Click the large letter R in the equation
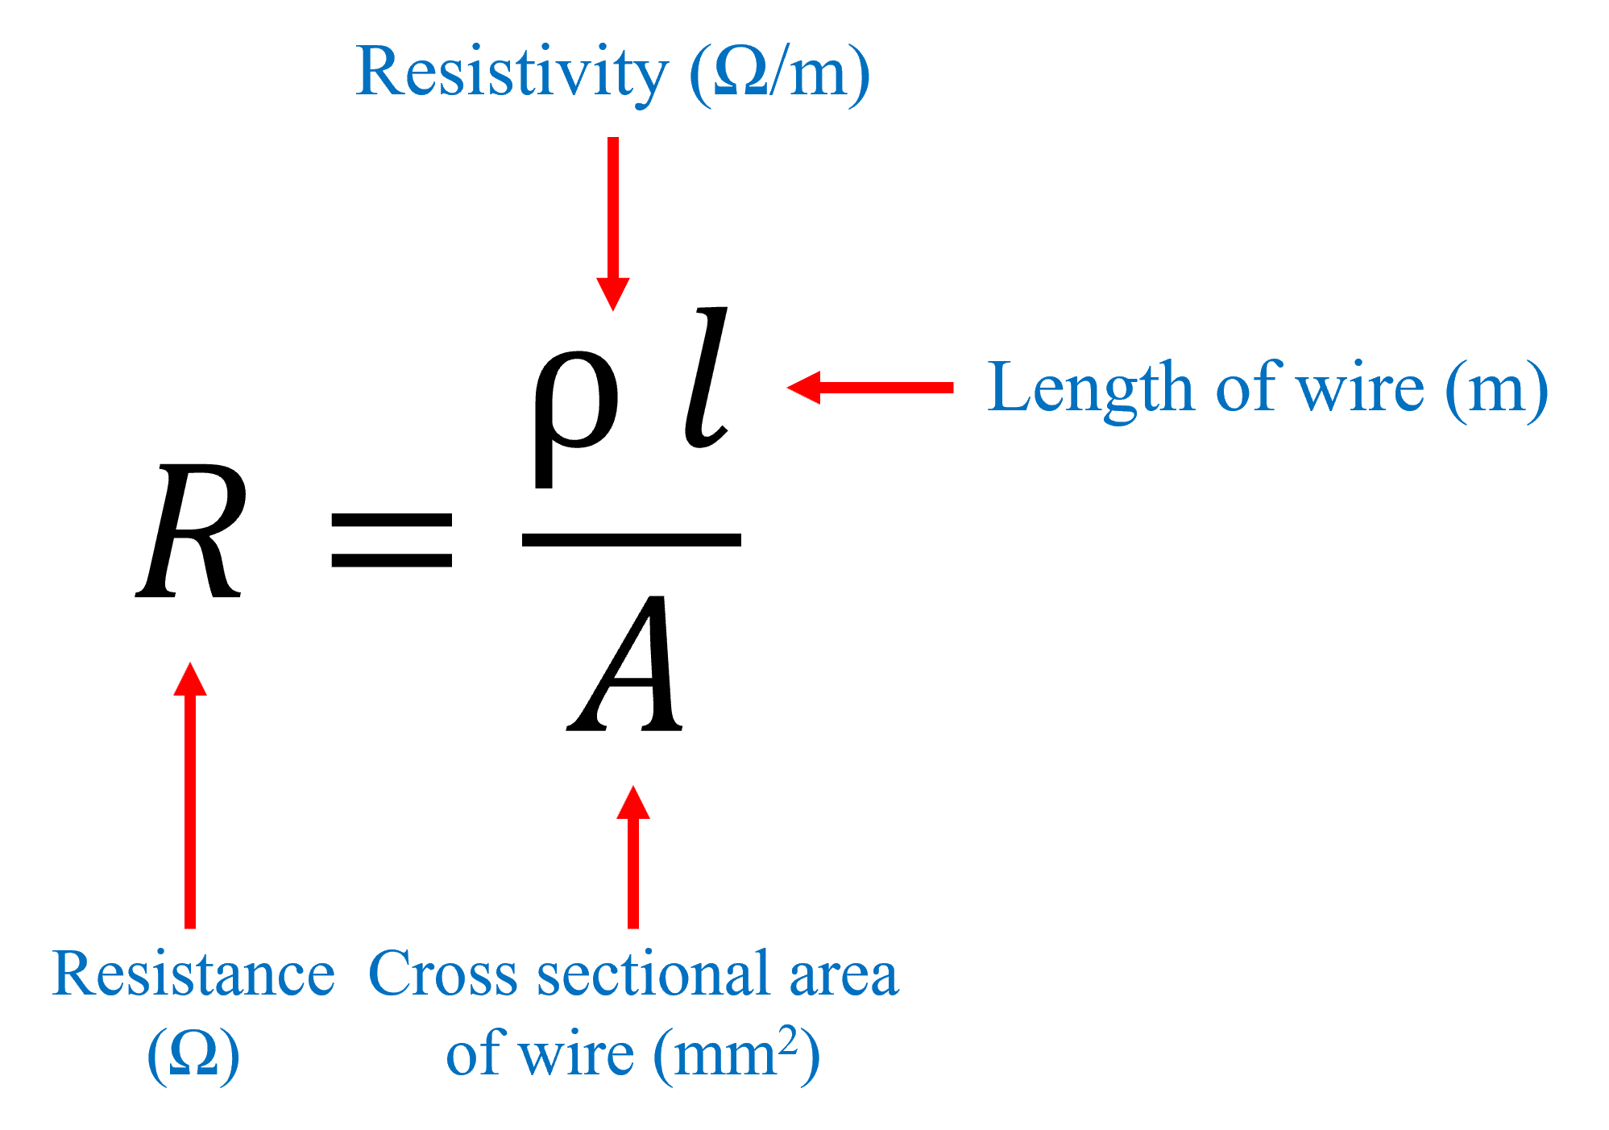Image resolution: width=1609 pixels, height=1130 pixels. [x=191, y=532]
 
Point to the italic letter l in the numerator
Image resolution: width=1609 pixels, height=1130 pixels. [x=705, y=377]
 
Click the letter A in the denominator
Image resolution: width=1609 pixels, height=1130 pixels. [x=626, y=665]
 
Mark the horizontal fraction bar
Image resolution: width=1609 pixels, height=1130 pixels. [x=631, y=540]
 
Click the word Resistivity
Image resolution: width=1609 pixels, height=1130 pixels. [x=511, y=73]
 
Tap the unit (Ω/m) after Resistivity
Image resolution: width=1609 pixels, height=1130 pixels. [x=779, y=74]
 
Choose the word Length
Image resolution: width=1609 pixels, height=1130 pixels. [x=1090, y=389]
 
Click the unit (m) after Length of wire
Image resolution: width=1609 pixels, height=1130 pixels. [x=1496, y=389]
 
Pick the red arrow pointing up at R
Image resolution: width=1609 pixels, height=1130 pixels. [x=191, y=794]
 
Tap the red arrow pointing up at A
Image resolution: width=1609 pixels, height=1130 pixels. [x=633, y=856]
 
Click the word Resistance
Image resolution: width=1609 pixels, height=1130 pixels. [x=193, y=974]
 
